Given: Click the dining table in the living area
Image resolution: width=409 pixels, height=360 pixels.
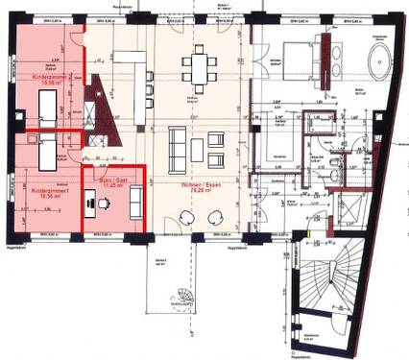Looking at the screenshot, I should pos(200,67).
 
